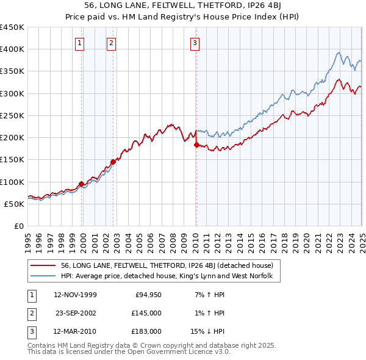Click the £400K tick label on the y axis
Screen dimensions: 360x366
[12, 49]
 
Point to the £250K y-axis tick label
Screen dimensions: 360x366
[12, 115]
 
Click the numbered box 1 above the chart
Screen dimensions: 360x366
[81, 43]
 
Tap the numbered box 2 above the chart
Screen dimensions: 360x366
[111, 43]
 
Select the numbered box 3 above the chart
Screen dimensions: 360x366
[195, 43]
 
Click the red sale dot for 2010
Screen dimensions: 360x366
[196, 145]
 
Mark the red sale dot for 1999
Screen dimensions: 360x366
[82, 184]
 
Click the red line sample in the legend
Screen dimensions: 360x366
[43, 265]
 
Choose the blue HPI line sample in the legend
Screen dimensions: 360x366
[43, 276]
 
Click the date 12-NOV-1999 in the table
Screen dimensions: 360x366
[75, 295]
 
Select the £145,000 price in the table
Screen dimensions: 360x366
[146, 313]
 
